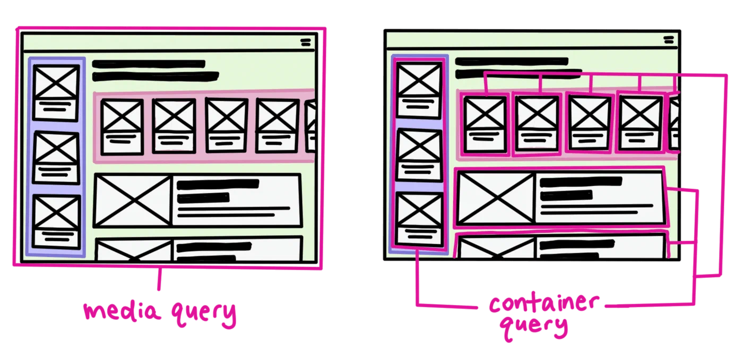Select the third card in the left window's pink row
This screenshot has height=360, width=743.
point(227,125)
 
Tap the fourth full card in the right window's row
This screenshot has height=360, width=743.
point(641,123)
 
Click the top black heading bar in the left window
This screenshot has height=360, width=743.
point(149,64)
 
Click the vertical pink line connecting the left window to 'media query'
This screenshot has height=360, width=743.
point(158,281)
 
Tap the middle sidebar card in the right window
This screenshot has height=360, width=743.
point(420,155)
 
